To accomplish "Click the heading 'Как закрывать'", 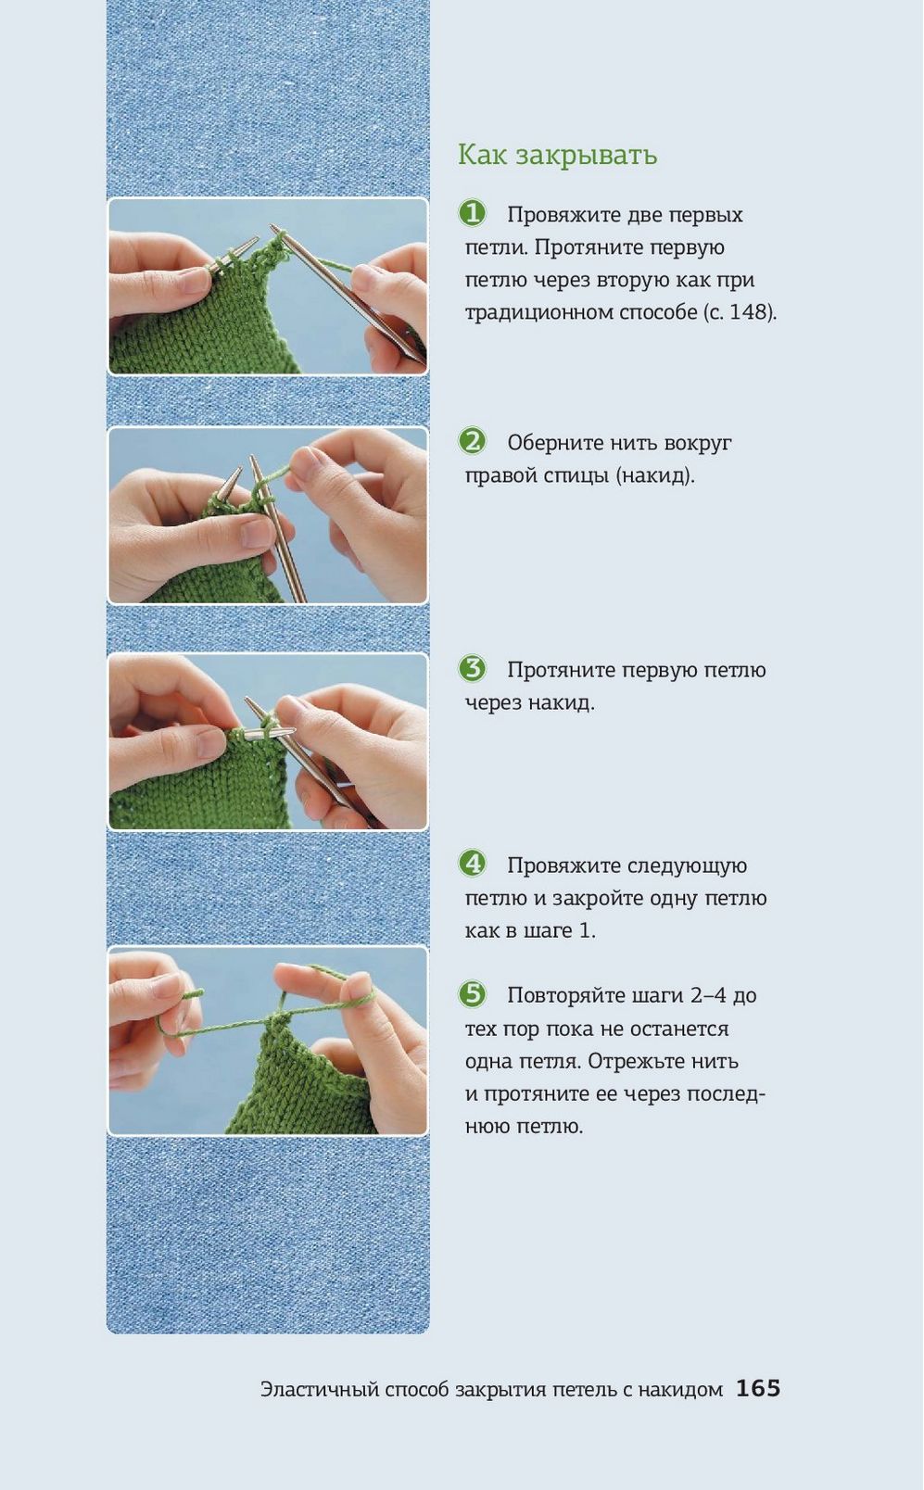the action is pos(558,155).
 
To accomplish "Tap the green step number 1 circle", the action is pos(473,213).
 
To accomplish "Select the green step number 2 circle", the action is pos(473,441).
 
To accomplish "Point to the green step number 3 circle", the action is pos(473,668).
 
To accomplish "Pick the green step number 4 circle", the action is pos(473,864).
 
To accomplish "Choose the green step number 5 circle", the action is pos(473,994).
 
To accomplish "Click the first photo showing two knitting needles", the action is pos(268,286).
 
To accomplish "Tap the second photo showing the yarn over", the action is pos(268,515).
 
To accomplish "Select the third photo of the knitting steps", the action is pos(268,741).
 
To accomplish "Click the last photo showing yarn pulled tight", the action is pos(268,1041).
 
